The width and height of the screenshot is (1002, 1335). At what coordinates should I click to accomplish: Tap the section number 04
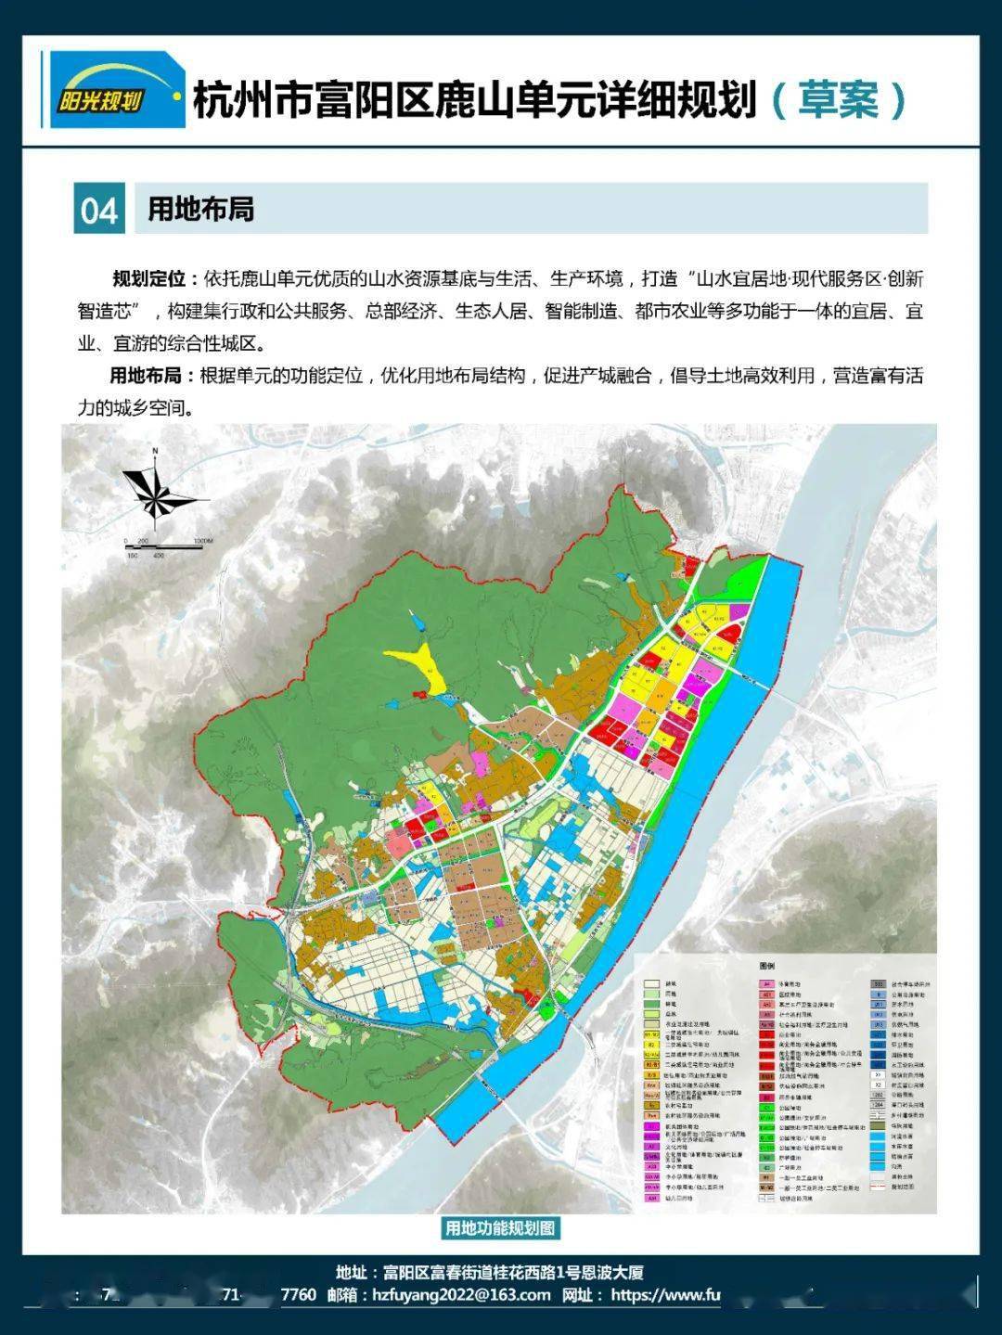[99, 210]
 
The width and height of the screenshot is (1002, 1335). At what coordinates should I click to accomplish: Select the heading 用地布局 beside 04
[200, 209]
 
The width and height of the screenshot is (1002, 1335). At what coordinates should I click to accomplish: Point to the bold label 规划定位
[148, 279]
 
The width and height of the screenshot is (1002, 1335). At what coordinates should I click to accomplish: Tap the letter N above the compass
[157, 452]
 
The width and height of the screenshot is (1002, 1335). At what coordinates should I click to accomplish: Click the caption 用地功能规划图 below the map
[500, 1228]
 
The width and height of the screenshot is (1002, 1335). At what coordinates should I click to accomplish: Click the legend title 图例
[766, 967]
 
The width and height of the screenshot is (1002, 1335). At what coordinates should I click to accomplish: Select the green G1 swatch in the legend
[766, 1107]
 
